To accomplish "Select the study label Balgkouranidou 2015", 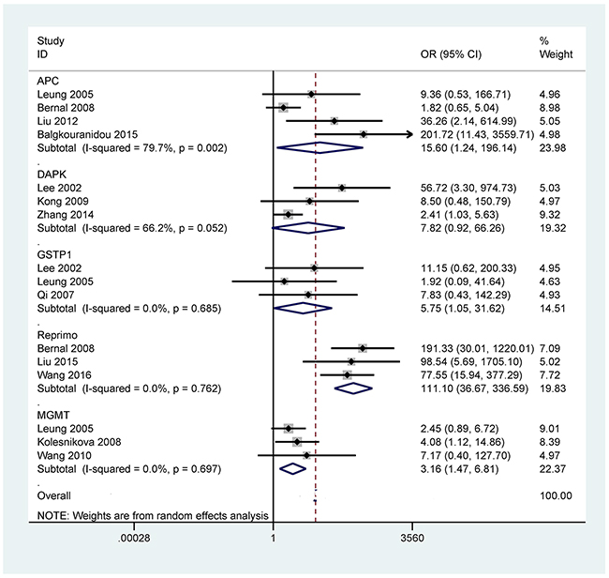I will [x=86, y=134].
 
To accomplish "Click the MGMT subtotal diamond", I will [x=293, y=466].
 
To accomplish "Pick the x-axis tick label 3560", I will [x=412, y=539].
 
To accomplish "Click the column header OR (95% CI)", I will [x=454, y=54].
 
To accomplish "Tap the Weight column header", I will [x=556, y=54].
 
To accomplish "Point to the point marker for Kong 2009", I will [x=310, y=201].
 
